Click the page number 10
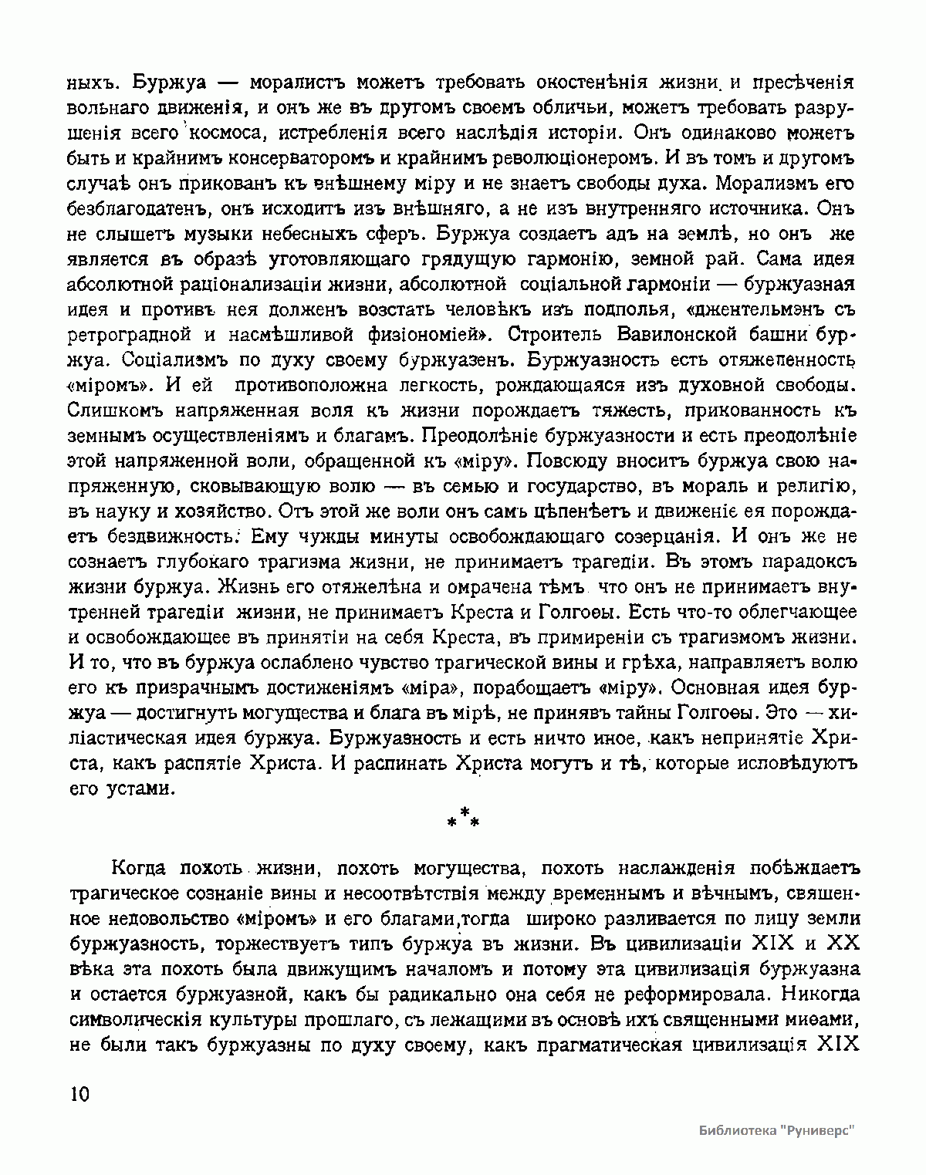click(x=79, y=1096)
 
